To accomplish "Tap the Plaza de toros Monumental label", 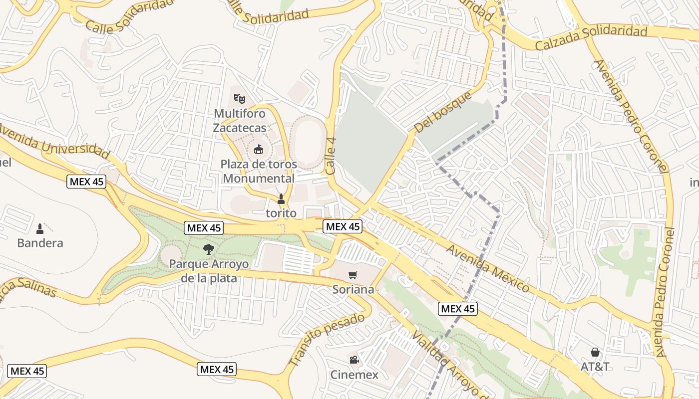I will tap(259, 171).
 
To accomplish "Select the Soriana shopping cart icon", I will tap(353, 275).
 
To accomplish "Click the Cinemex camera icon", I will tap(353, 360).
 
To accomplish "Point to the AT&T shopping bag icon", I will tap(595, 352).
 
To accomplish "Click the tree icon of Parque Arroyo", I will tap(209, 249).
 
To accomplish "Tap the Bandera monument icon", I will tap(40, 229).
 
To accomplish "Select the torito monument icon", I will tap(281, 199).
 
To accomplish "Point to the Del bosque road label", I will tap(443, 112).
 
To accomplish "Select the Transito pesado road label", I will tap(327, 339).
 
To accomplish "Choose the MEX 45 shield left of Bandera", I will tap(87, 182).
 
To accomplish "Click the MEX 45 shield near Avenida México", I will tap(458, 309).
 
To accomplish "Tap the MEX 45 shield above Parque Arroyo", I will tap(203, 228).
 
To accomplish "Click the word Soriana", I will tap(353, 289).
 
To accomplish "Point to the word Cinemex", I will tap(354, 375).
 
